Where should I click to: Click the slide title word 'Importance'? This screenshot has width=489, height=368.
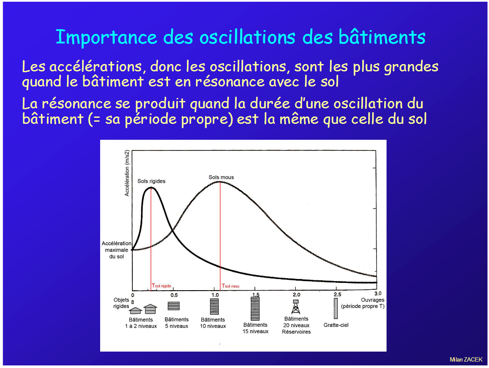pos(106,37)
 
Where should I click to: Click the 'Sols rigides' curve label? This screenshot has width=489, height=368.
pos(151,181)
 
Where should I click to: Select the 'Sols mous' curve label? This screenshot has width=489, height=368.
pos(221,177)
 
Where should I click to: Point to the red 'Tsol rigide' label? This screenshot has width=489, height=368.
pos(162,285)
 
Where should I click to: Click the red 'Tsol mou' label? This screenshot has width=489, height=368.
pos(230,286)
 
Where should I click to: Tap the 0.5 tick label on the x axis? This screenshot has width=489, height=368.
pos(174,295)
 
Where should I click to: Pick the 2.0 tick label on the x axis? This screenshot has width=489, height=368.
pos(296,294)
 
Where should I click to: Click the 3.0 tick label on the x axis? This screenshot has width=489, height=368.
pos(378,293)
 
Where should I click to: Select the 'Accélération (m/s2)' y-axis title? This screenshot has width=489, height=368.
pos(127,173)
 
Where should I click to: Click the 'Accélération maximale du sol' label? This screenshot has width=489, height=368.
pos(116,250)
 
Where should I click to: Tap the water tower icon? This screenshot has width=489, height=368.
pos(296,307)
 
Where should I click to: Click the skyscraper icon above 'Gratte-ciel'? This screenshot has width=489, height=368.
pos(336,308)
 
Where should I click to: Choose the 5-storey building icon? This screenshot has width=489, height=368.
pos(174,306)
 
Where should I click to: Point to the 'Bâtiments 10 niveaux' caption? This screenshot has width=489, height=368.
pos(213,323)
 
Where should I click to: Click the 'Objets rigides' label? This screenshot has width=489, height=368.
pos(121,303)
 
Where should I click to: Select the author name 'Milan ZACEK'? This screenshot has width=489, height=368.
pos(466,359)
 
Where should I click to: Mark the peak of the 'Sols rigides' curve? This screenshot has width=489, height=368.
pos(151,187)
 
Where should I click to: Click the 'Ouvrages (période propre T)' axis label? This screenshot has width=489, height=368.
pos(363,303)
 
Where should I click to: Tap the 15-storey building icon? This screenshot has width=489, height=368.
pos(255,308)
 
